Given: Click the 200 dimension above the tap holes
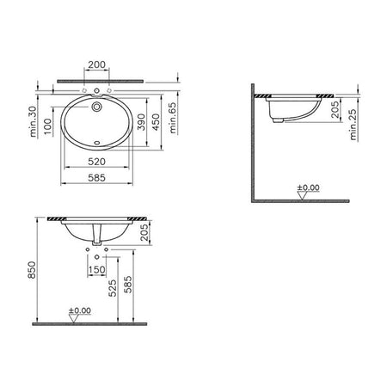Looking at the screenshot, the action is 96,64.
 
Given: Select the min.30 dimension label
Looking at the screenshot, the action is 34,121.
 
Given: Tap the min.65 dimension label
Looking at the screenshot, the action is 173,118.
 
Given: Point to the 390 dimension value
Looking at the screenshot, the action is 141,122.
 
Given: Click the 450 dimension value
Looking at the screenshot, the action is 156,122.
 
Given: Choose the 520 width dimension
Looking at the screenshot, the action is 96,162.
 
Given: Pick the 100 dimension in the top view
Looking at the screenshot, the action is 47,126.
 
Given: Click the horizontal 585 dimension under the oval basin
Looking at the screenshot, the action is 96,178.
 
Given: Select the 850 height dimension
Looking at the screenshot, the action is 32,270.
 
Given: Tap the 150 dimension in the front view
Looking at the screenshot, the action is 96,270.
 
